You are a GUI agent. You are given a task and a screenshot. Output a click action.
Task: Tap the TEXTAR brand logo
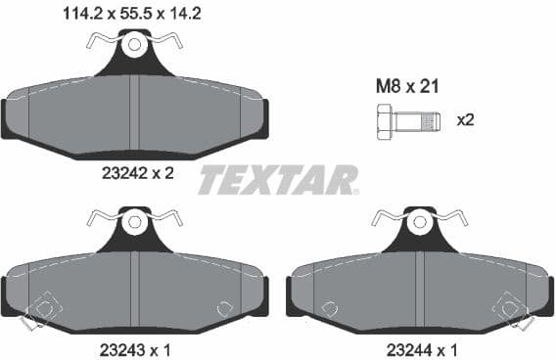pyautogui.click(x=278, y=180)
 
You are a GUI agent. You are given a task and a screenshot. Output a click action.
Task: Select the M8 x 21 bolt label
pyautogui.click(x=406, y=87)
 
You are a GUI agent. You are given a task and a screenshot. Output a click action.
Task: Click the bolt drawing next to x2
pyautogui.click(x=404, y=121)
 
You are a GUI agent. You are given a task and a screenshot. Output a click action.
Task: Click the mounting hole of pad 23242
pyautogui.click(x=134, y=44)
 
